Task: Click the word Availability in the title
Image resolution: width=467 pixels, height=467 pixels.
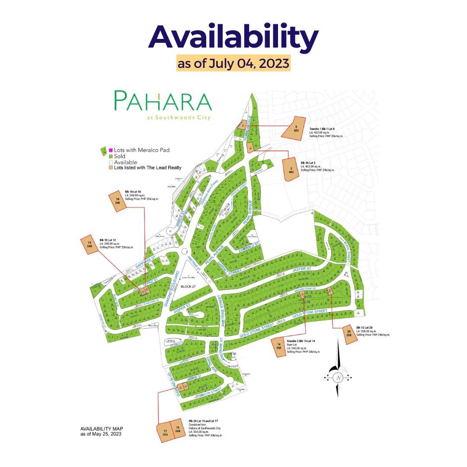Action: [x=233, y=38]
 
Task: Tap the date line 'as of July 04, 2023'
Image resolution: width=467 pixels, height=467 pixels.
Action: [x=233, y=64]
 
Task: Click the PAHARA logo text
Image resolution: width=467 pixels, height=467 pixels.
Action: [x=163, y=102]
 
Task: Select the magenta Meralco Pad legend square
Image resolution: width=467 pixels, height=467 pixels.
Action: [x=111, y=150]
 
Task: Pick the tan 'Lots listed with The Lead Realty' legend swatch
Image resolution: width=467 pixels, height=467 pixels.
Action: [x=111, y=167]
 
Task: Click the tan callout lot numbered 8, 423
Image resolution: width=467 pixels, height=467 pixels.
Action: [x=294, y=128]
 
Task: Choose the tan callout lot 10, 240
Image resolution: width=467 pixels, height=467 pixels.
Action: [x=117, y=201]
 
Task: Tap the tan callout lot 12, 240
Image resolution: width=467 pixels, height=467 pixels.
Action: [x=90, y=244]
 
